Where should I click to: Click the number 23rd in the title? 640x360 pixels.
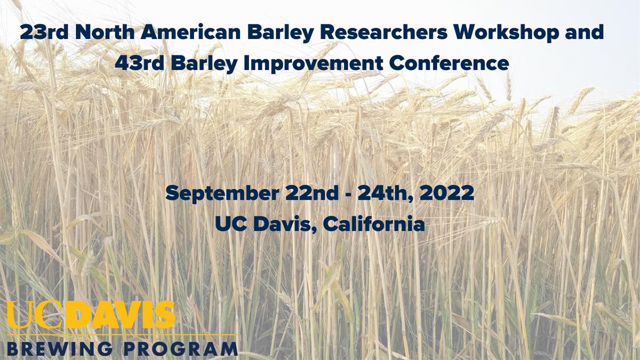pos(44,32)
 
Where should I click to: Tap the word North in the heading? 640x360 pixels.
pos(105,32)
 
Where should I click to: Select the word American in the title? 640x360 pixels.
pos(190,32)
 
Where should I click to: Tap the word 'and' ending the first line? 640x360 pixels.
pos(584,32)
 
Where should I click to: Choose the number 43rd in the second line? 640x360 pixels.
pos(139,63)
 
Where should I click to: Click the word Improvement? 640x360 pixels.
pos(313,63)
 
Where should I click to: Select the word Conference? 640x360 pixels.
pos(449,63)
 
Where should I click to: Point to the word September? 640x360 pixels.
pos(222,194)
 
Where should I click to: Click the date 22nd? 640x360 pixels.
pos(311,193)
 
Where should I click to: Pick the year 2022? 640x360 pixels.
pos(447,193)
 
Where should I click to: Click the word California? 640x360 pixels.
pos(374,223)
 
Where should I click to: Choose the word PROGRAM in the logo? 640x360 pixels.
pos(181,349)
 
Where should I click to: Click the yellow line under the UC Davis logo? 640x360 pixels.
pos(122,334)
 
